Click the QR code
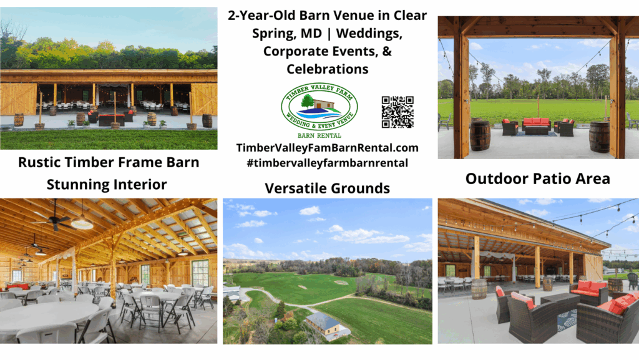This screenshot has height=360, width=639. pos(398,112)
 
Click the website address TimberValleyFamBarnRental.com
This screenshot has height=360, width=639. pos(327,148)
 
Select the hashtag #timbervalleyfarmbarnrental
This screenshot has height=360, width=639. pos(327,162)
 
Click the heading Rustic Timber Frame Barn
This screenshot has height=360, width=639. pos(109,163)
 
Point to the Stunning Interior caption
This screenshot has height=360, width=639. pos(107,184)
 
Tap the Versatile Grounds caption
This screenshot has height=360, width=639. pos(327,188)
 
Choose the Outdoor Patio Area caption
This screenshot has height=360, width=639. pos(537,179)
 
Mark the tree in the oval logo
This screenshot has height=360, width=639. pos(307,100)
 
